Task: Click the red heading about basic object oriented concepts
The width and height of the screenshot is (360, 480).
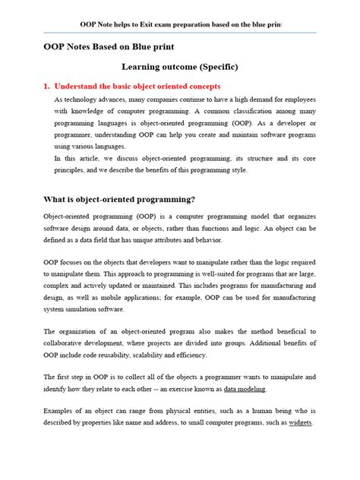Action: [x=160, y=87]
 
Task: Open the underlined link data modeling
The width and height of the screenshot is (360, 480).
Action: [x=245, y=389]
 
